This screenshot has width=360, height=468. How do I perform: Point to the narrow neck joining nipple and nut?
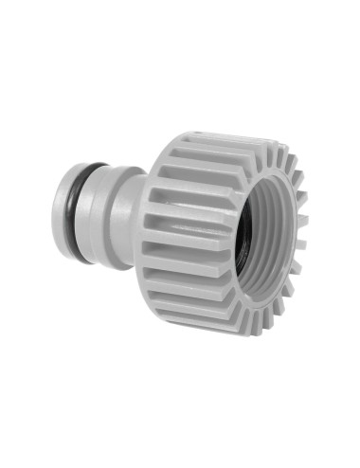(133, 216)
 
